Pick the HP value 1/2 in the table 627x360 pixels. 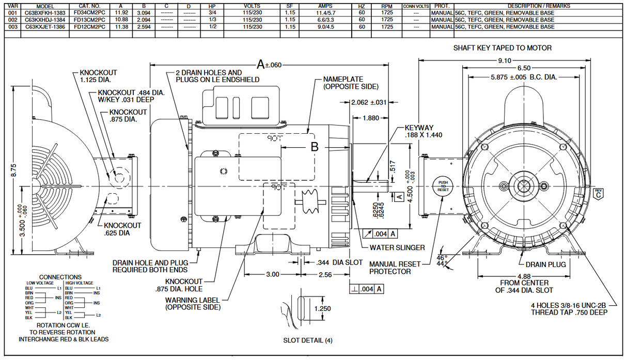[x=212, y=27]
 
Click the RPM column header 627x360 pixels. [x=387, y=6]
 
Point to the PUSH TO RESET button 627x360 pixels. [x=443, y=186]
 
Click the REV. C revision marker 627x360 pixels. [x=598, y=194]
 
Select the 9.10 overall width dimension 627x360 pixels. [x=504, y=60]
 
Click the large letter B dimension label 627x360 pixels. [x=315, y=147]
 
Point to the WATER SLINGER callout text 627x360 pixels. [x=397, y=247]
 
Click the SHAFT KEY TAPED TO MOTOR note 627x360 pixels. [x=502, y=48]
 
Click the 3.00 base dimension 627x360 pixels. [x=272, y=274]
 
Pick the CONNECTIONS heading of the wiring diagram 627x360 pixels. [x=60, y=277]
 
